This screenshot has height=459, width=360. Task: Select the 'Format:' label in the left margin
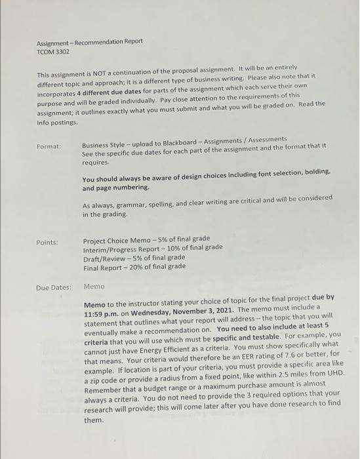(49, 146)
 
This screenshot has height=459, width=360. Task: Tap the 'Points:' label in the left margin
(47, 243)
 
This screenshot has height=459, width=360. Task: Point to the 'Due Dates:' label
(53, 287)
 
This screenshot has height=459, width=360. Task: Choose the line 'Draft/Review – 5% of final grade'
(134, 257)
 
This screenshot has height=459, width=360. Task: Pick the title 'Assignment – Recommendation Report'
(89, 41)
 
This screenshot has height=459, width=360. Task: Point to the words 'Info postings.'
(58, 122)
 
